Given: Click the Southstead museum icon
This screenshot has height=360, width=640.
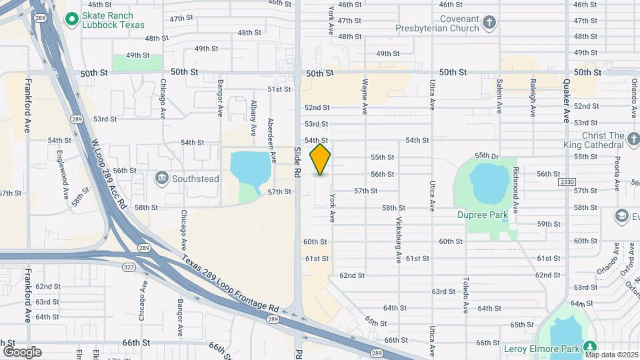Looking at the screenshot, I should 161,178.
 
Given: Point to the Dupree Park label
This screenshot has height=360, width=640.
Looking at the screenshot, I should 482,215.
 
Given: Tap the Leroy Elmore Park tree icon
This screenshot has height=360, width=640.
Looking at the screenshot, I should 589,347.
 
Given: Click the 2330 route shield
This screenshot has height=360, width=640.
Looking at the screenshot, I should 567,181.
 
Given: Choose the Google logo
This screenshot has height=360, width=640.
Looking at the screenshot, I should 22,351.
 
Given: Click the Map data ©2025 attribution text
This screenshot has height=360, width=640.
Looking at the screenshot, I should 611,355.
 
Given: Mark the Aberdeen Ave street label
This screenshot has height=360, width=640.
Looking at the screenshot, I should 272,138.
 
